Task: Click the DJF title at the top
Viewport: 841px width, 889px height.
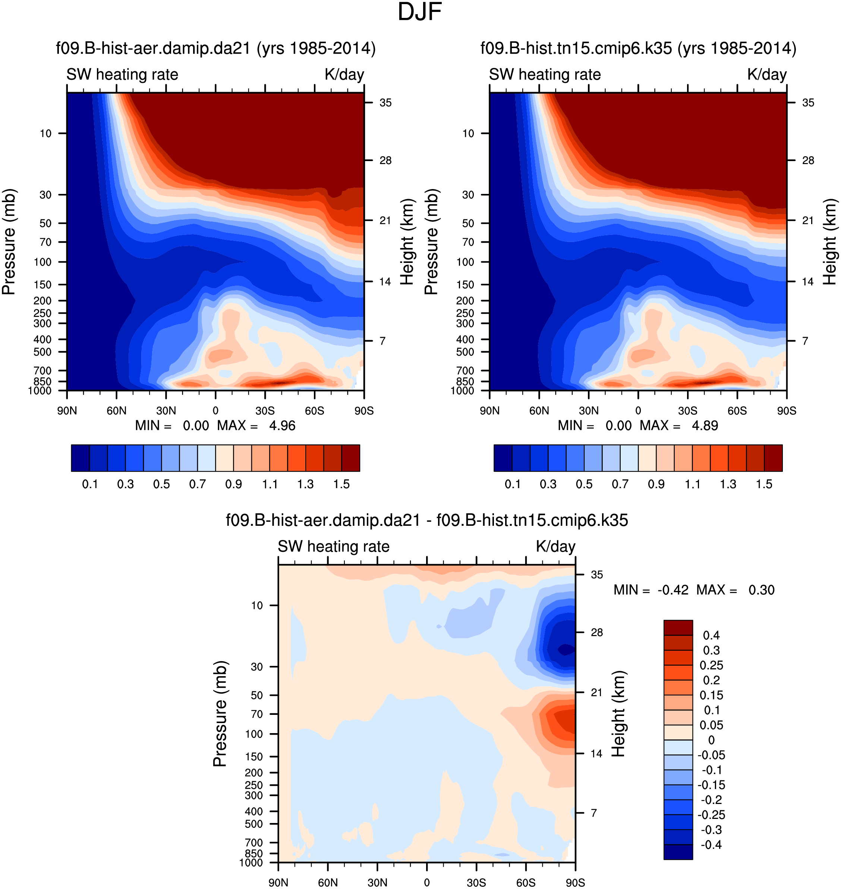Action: click(x=420, y=12)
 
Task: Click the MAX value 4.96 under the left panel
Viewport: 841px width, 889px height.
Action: click(x=282, y=425)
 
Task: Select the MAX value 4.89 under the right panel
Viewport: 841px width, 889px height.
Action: click(x=705, y=425)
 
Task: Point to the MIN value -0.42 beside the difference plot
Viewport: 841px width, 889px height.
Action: click(x=673, y=590)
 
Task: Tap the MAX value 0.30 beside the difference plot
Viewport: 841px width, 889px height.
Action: click(x=761, y=590)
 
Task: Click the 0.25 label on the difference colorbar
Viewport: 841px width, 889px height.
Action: click(x=711, y=665)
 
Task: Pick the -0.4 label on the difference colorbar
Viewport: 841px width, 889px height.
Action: click(x=711, y=845)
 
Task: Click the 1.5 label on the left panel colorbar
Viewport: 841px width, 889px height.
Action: click(x=341, y=484)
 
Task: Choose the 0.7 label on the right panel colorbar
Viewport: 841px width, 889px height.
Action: click(x=620, y=484)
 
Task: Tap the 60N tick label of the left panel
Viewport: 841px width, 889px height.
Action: click(x=117, y=411)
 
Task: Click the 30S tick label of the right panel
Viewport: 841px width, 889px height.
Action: click(x=687, y=411)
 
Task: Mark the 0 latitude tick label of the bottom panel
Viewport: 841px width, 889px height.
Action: click(x=427, y=883)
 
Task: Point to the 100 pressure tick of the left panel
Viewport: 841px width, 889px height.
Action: click(x=42, y=262)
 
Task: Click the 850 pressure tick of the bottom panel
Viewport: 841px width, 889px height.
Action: click(x=254, y=854)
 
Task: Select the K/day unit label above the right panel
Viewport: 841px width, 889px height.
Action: click(x=766, y=75)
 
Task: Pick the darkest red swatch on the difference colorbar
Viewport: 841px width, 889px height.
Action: click(x=678, y=628)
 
